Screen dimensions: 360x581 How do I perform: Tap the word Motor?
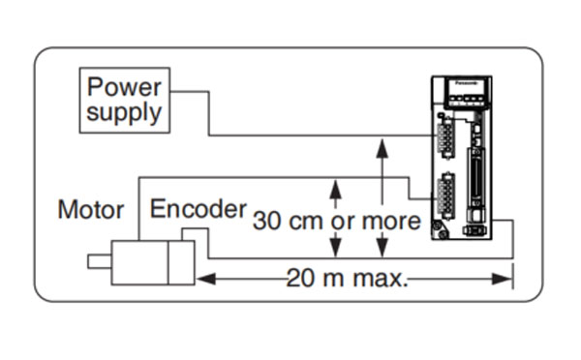click(91, 209)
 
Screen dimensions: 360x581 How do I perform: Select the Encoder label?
click(198, 208)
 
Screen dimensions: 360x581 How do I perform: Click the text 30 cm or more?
click(337, 221)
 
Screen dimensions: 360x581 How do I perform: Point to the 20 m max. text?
click(348, 280)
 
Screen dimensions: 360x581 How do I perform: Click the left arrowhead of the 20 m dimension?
click(204, 280)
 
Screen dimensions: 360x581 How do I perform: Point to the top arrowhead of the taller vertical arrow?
click(382, 144)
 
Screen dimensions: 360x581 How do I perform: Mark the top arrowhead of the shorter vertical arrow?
click(334, 184)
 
